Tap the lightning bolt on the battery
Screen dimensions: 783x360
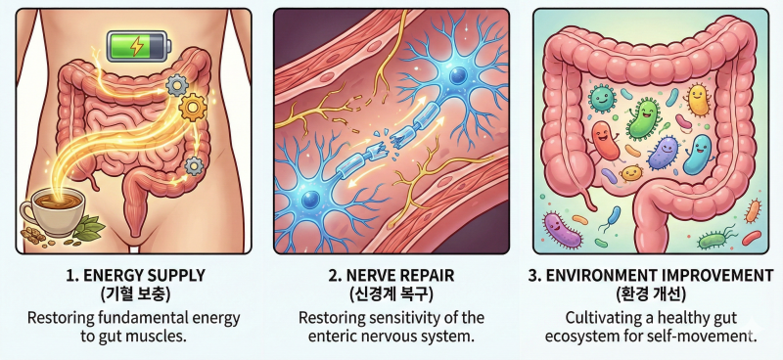pos(136,46)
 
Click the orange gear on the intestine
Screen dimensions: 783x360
pos(192,109)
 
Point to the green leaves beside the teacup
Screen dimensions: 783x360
pos(90,228)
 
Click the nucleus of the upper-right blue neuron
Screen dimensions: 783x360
pos(457,76)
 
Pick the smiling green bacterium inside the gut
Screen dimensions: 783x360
pos(643,118)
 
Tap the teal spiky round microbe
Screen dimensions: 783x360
pos(602,98)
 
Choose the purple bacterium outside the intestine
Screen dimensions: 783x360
pos(562,230)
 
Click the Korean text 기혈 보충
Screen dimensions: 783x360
pos(135,294)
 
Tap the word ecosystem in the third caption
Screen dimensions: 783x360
pos(579,337)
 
